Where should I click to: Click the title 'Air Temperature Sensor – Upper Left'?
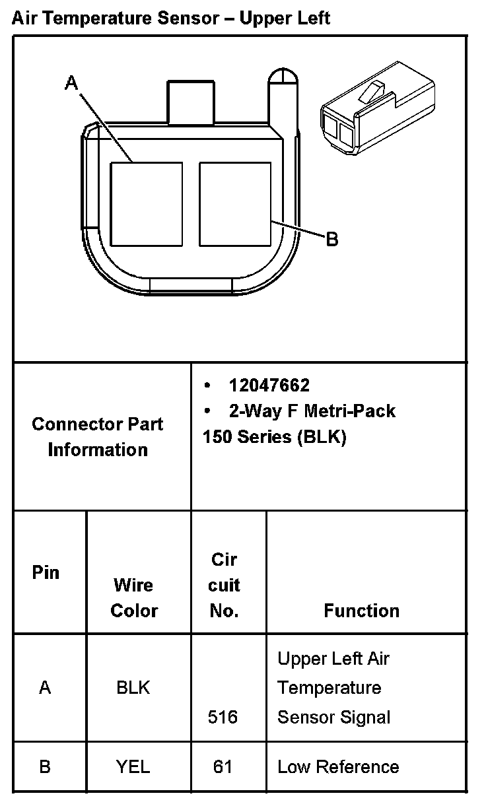pos(171,18)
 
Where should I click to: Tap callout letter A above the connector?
pos(72,83)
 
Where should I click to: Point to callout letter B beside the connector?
pos(332,239)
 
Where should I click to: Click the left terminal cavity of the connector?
pos(146,203)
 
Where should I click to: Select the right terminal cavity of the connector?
pos(235,203)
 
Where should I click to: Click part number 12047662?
pos(269,385)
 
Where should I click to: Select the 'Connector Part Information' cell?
pos(98,436)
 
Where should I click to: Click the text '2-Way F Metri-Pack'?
pos(312,411)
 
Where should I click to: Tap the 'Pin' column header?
pos(46,572)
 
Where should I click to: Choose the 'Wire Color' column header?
pos(134,597)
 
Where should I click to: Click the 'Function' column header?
pos(361,611)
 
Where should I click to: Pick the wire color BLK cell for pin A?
pos(133,688)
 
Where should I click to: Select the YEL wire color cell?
pos(133,766)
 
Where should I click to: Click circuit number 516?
pos(223,717)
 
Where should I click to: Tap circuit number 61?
pos(223,766)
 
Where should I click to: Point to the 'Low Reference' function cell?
pos(338,766)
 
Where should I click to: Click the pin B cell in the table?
pos(45,766)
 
